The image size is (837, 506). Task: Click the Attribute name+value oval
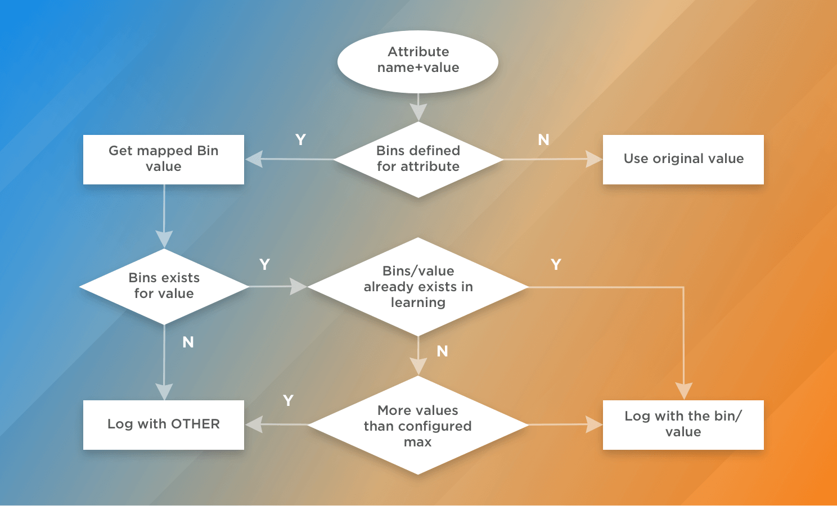[x=418, y=61]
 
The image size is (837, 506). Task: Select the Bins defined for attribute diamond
[x=418, y=159]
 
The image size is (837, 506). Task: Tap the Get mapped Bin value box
[x=164, y=159]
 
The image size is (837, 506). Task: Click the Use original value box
[x=683, y=159]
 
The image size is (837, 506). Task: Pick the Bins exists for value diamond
[x=164, y=286]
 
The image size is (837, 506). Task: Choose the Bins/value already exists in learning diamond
[x=418, y=287]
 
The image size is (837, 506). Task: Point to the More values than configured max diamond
[x=418, y=426]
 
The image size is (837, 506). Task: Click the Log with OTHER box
[x=164, y=424]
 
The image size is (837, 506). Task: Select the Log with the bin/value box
[x=683, y=424]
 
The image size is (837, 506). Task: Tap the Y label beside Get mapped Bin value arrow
[x=300, y=140]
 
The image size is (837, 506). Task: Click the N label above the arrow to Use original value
[x=543, y=140]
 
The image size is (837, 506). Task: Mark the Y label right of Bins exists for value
[x=264, y=265]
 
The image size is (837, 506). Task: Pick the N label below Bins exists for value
[x=188, y=342]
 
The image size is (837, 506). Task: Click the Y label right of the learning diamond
[x=556, y=265]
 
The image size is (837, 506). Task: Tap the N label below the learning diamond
[x=443, y=351]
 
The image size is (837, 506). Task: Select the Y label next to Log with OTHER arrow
[x=288, y=401]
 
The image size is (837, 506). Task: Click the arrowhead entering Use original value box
[x=594, y=159]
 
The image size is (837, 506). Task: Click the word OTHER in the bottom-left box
[x=195, y=424]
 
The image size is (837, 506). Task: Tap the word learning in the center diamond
[x=418, y=302]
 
